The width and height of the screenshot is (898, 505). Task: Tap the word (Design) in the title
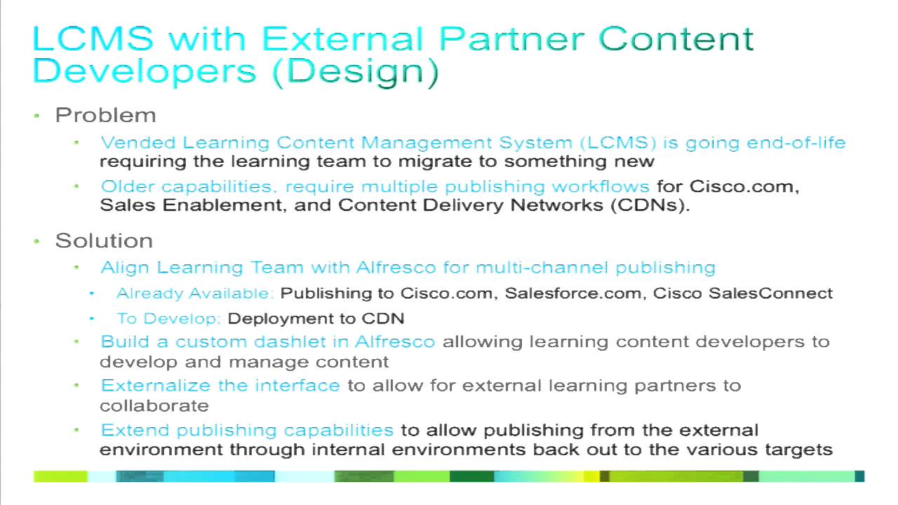click(354, 71)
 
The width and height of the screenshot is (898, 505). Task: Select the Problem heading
click(105, 115)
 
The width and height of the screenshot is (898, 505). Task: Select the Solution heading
click(104, 241)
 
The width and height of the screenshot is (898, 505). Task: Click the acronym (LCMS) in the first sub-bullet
click(617, 142)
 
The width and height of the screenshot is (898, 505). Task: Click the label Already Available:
click(195, 293)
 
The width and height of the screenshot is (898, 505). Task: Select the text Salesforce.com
click(574, 293)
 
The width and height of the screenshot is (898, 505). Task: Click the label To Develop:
click(169, 318)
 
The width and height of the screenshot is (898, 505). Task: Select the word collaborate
click(154, 405)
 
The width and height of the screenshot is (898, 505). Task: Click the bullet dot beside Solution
click(38, 242)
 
